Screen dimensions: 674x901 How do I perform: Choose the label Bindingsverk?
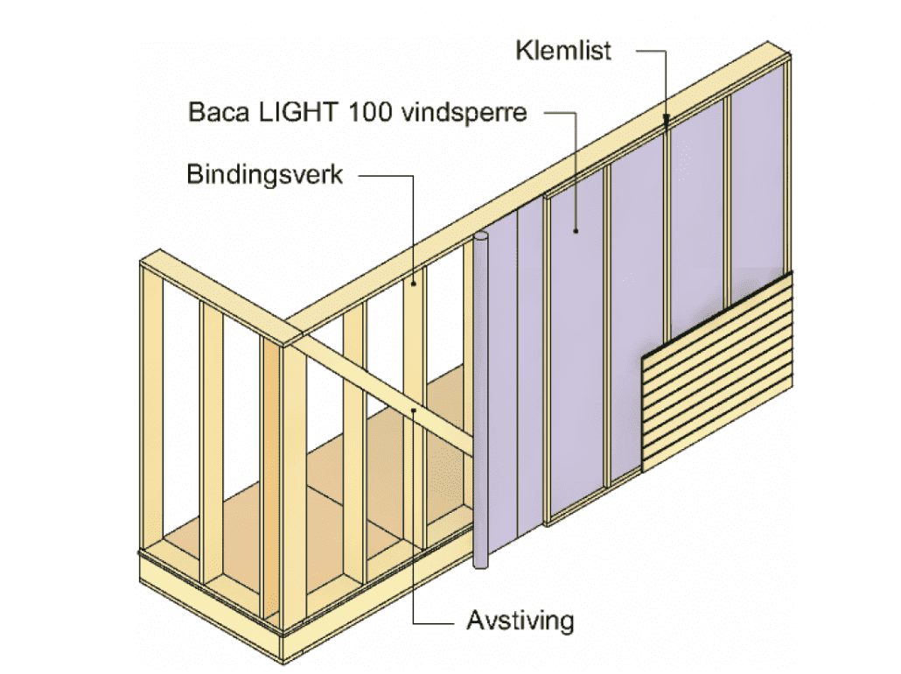pos(264,173)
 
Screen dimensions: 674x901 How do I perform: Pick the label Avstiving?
pos(520,621)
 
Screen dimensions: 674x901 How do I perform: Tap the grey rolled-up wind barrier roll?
pos(480,403)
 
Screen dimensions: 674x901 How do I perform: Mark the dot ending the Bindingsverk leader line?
pos(413,282)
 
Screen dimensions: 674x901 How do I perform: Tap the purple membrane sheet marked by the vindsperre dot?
pos(577,350)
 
